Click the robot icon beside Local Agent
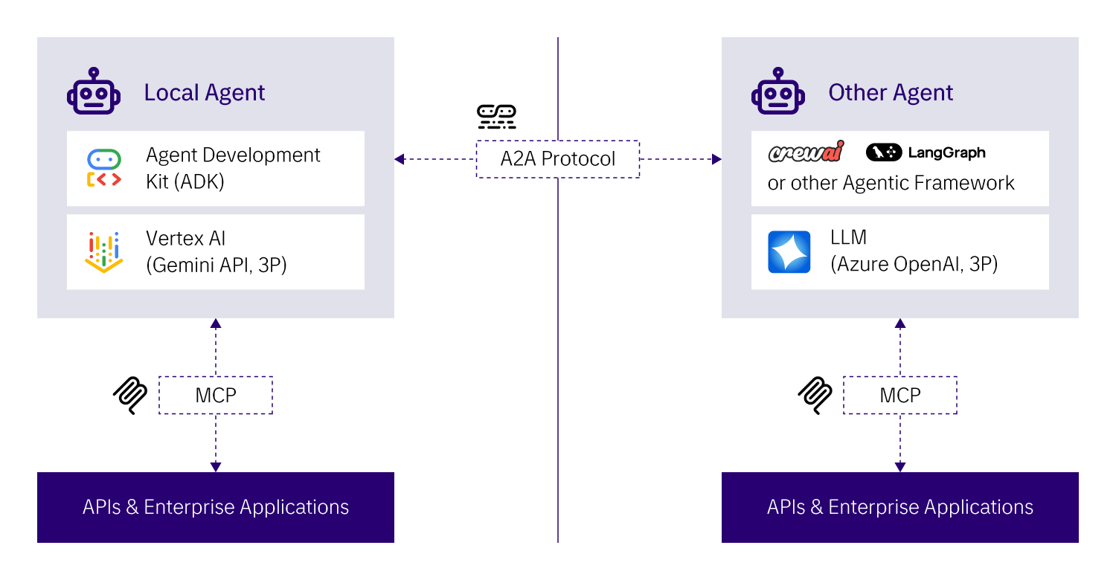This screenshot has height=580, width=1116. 94,92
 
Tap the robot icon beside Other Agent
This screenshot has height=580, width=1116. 778,92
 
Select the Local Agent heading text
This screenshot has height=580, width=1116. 205,93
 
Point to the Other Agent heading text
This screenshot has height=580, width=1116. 891,93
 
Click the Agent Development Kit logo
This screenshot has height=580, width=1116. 104,169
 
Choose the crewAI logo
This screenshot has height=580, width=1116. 806,153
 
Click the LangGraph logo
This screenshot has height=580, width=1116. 926,153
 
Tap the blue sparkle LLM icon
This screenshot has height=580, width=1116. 789,252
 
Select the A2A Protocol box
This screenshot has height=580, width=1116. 558,159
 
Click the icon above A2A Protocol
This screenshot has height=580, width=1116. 496,117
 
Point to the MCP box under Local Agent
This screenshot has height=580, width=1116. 216,396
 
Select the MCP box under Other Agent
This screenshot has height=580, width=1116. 900,396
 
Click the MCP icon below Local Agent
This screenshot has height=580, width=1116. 130,396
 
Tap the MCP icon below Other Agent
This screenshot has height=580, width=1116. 815,396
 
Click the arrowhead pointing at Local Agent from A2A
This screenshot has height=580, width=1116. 400,159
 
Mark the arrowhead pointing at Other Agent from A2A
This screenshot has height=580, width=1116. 716,159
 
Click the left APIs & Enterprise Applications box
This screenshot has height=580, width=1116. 216,507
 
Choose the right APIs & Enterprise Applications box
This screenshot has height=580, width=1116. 900,507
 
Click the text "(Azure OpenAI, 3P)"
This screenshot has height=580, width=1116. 914,264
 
